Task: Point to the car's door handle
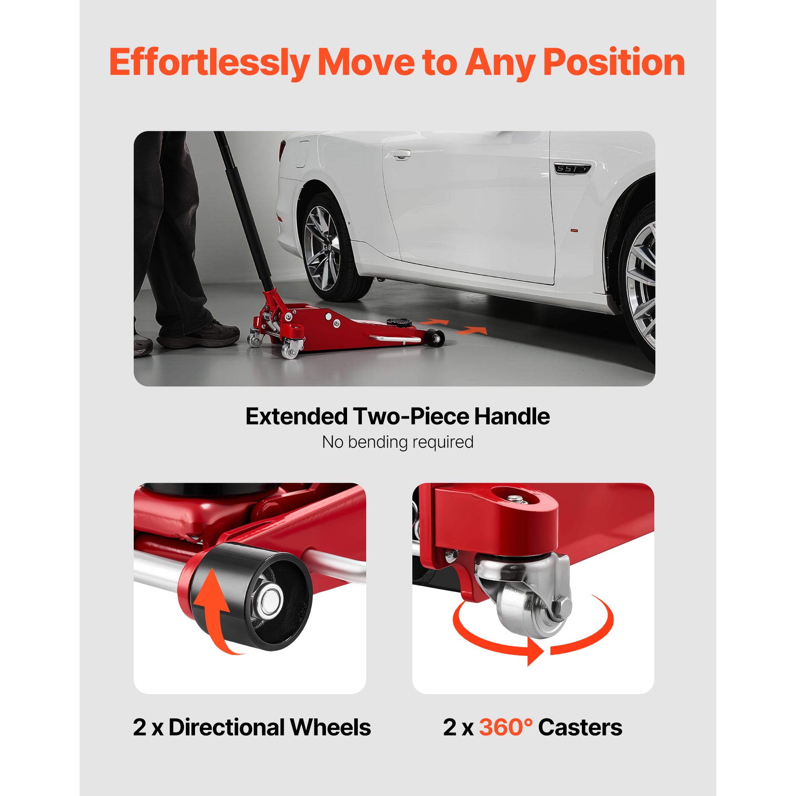pyautogui.click(x=401, y=155)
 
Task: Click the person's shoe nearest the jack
pyautogui.click(x=198, y=334)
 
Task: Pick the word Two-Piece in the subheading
pyautogui.click(x=412, y=416)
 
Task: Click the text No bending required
pyautogui.click(x=398, y=442)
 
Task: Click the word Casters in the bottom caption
pyautogui.click(x=580, y=727)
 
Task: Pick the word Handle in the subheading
pyautogui.click(x=512, y=416)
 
